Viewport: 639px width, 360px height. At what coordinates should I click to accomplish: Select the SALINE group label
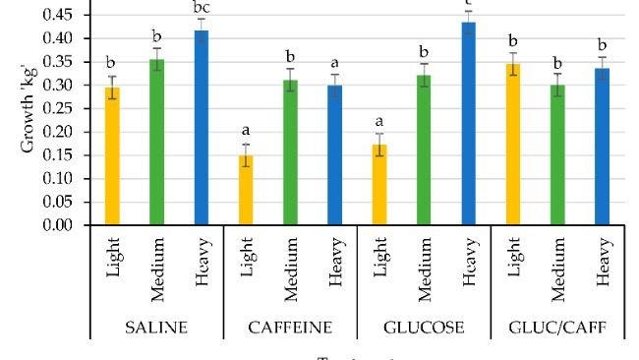coord(156,327)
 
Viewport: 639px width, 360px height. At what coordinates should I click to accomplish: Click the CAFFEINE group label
coord(290,327)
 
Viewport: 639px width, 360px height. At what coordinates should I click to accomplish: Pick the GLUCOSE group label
coord(424,327)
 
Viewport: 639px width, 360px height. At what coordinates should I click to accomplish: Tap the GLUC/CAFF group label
coord(556,327)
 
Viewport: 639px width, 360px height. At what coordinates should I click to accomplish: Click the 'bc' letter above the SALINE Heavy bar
coord(202,7)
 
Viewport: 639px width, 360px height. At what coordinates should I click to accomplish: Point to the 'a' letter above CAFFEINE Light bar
coord(246,130)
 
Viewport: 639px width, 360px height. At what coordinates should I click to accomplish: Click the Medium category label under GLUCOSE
coord(424,268)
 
